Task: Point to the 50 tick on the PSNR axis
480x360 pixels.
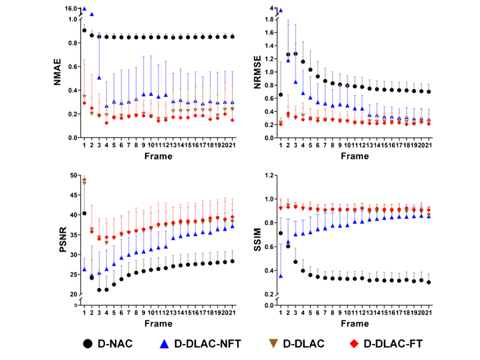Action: click(74, 175)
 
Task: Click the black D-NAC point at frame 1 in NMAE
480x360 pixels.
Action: click(84, 30)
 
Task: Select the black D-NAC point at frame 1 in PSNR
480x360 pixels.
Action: click(84, 213)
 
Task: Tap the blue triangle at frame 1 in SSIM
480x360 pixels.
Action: click(261, 276)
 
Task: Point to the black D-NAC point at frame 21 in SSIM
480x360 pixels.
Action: click(447, 282)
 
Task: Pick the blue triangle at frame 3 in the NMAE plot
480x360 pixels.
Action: click(99, 78)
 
